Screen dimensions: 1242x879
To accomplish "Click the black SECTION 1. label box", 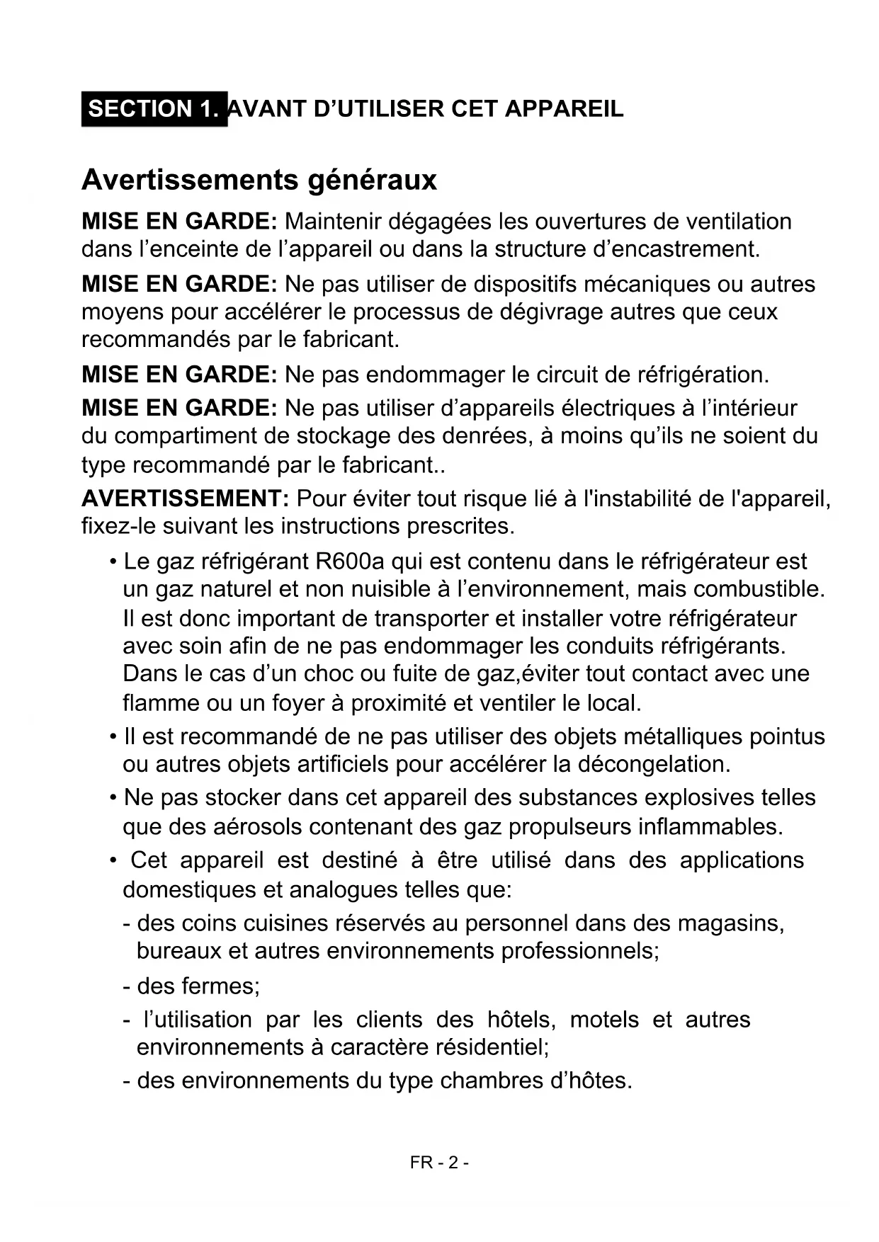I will coord(154,109).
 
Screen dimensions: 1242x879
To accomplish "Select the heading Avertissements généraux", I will coord(259,180).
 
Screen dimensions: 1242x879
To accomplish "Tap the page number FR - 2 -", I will coord(439,1163).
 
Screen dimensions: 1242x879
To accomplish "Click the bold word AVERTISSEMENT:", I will coord(185,498).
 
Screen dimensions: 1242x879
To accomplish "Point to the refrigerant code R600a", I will coord(350,562).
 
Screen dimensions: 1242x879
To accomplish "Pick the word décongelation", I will coord(654,764).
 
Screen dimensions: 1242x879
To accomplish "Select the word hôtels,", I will coord(521,1020).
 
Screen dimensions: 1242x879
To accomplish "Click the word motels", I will coord(603,1020).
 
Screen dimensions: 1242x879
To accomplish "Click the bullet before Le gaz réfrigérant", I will coord(113,562).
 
